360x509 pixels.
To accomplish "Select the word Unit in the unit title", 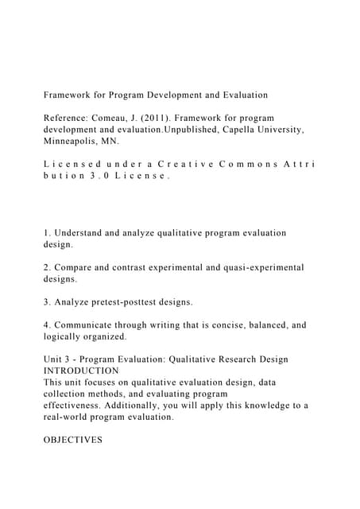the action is [x=56, y=359].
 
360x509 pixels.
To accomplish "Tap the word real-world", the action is [x=72, y=417].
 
